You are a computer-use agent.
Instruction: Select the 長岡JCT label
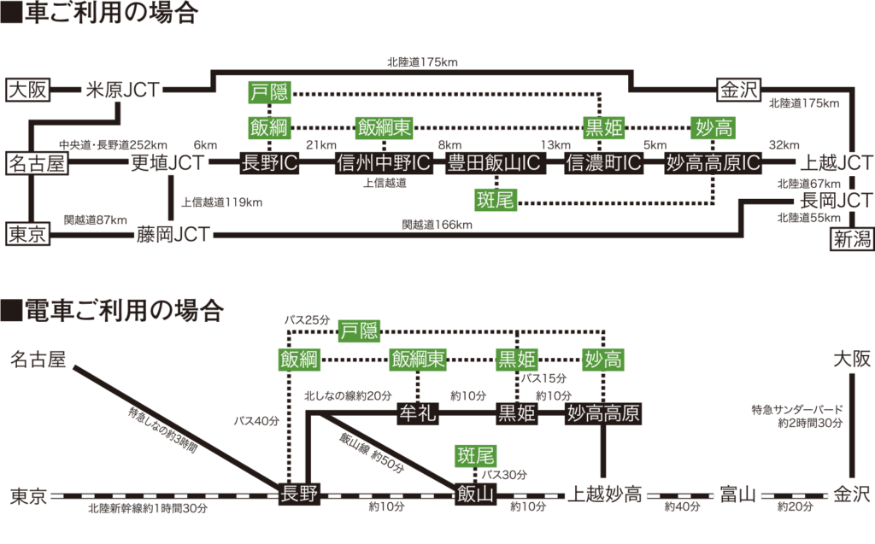click(x=835, y=202)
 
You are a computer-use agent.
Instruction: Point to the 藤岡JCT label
click(x=172, y=234)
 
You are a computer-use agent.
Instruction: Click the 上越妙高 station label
click(x=608, y=494)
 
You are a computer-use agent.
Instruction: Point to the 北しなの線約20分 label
click(x=346, y=397)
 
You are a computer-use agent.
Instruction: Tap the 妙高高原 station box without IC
click(x=604, y=414)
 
